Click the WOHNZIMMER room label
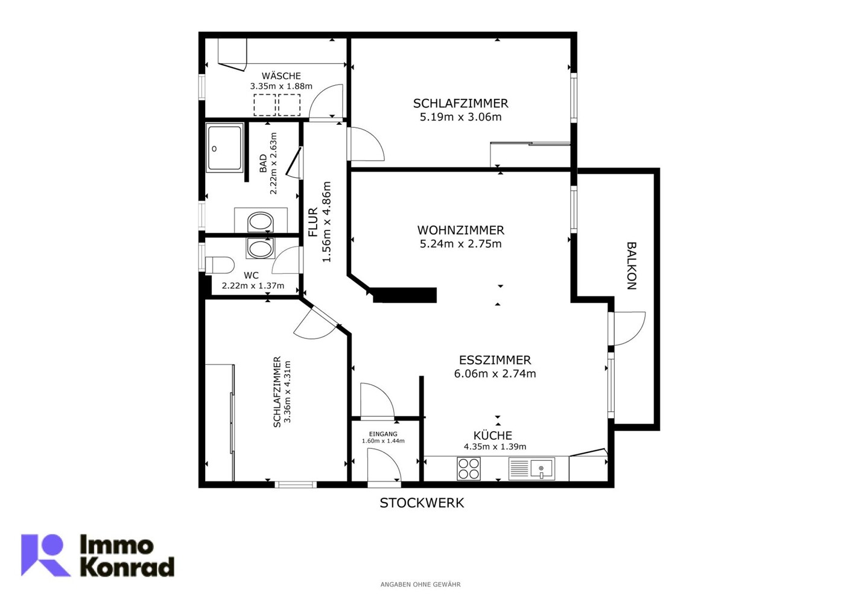point(460,230)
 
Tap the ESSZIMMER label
point(495,360)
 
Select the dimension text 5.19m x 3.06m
point(460,117)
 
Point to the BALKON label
point(632,265)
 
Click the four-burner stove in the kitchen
point(468,468)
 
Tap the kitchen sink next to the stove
point(531,468)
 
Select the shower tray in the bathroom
point(224,148)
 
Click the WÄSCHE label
point(281,76)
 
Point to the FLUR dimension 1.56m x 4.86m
point(326,221)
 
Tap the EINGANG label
point(383,434)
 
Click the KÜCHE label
point(492,436)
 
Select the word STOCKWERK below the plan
point(422,503)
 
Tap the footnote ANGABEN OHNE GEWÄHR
point(420,585)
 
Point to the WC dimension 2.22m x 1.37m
point(253,285)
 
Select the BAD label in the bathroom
point(263,163)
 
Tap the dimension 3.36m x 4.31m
point(288,392)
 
